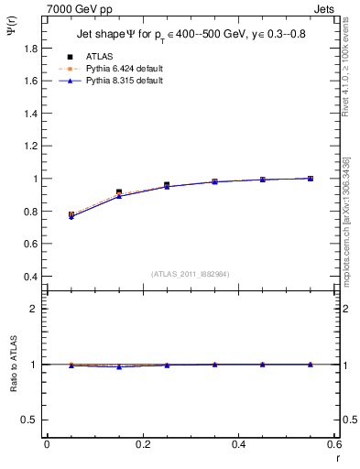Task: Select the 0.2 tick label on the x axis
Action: click(x=143, y=444)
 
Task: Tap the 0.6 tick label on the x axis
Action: click(x=335, y=444)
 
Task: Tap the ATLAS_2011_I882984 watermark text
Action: click(x=191, y=273)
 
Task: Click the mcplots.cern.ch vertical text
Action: click(x=351, y=229)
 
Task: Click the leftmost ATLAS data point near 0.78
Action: click(x=71, y=214)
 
